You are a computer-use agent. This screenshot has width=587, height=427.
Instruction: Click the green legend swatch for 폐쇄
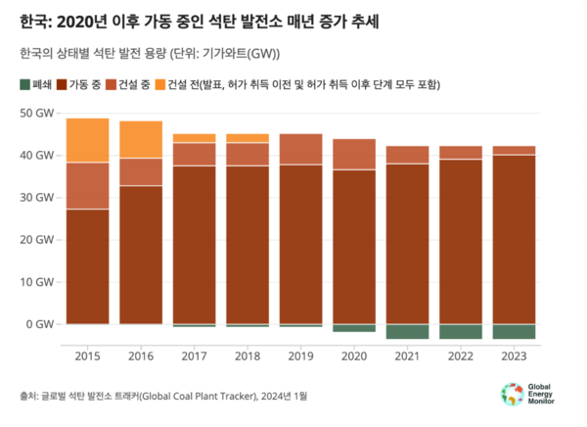coord(24,84)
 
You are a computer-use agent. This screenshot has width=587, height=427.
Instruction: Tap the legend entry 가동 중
coord(82,84)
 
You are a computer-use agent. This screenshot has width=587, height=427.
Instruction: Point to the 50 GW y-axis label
coord(37,113)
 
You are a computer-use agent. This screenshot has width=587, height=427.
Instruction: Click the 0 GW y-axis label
coord(41,324)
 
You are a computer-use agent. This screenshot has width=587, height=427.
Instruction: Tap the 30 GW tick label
coord(37,198)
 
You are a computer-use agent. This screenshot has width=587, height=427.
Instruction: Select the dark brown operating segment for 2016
coord(141,255)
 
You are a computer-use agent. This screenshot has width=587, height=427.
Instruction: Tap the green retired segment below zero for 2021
coord(407,331)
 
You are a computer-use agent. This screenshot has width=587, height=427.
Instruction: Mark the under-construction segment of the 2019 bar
coord(300,149)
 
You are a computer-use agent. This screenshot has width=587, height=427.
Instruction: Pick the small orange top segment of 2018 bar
coord(248,138)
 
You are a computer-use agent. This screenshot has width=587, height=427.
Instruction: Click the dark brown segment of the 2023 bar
coord(514,240)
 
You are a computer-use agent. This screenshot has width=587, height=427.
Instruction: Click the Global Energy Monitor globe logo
coord(512,394)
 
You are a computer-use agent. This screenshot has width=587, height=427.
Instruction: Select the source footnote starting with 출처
coord(162,396)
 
